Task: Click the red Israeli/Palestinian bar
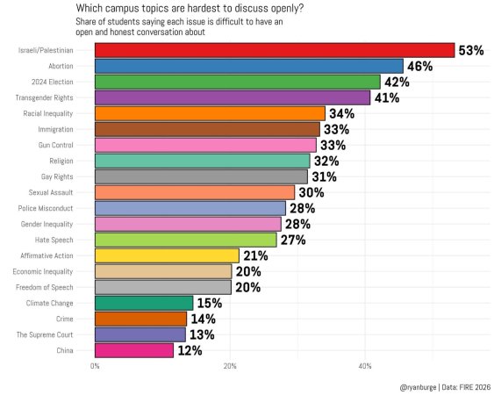click(x=275, y=50)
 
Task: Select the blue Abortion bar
click(x=249, y=66)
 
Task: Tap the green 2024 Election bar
click(x=238, y=82)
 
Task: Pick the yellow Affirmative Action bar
click(x=167, y=255)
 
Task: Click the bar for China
click(x=134, y=350)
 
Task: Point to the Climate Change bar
click(x=144, y=303)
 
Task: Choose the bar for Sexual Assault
click(x=195, y=192)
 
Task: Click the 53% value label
click(x=471, y=50)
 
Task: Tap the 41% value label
click(x=387, y=98)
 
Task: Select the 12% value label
click(x=190, y=350)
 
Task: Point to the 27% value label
click(x=293, y=240)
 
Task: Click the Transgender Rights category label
click(x=44, y=97)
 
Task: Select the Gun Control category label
click(x=56, y=145)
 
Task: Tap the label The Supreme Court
click(x=45, y=334)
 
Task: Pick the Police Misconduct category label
click(x=46, y=208)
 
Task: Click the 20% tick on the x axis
click(x=230, y=366)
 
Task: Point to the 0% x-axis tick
click(x=95, y=366)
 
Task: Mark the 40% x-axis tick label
click(x=365, y=366)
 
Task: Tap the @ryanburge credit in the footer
click(x=418, y=387)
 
